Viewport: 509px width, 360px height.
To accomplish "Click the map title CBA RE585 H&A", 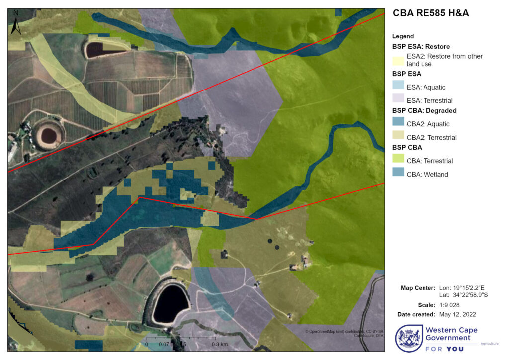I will tap(430, 13).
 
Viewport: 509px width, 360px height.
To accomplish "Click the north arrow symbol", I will tap(15, 23).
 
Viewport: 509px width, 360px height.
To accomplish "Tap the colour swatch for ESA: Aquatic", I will tap(398, 87).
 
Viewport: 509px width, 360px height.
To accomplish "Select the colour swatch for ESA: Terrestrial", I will tap(398, 100).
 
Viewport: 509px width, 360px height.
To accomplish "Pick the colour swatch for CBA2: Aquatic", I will tap(398, 124).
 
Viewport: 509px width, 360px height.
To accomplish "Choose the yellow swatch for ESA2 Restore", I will tap(398, 60).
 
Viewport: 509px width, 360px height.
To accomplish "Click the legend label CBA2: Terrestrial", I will tap(431, 137).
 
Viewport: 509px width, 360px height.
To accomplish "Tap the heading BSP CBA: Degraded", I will tap(424, 110).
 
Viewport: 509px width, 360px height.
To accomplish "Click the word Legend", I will tap(403, 36).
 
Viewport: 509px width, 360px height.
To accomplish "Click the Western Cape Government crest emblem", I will tap(409, 339).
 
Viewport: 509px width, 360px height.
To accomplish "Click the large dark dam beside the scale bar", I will tap(170, 302).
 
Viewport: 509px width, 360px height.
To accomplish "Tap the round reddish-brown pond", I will tap(48, 135).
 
